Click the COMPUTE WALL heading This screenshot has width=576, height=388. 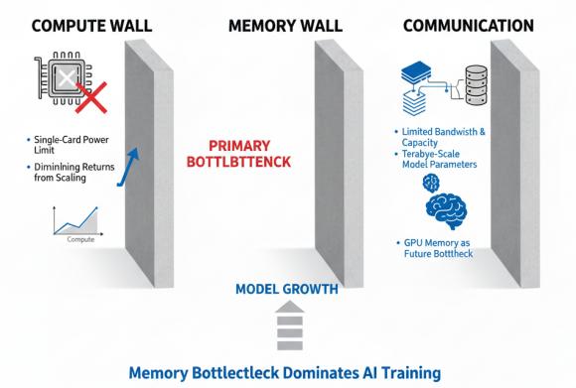pos(91,26)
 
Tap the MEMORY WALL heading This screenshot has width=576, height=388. pos(285,26)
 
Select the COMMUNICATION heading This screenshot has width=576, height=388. pos(469,26)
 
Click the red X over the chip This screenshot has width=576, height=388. pos(91,97)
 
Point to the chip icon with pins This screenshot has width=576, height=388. pos(64,78)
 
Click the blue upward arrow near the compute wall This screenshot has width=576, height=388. pos(128,167)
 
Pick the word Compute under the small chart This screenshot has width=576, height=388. pos(80,239)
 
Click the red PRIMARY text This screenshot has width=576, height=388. pos(239,146)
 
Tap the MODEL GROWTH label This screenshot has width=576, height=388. pos(287,289)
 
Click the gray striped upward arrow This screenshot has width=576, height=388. pos(290,325)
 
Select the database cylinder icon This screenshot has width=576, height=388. pos(477,84)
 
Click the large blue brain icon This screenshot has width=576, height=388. pos(447,210)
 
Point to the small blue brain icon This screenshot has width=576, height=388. pos(431,183)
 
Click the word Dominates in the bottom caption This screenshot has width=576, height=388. pos(321,372)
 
